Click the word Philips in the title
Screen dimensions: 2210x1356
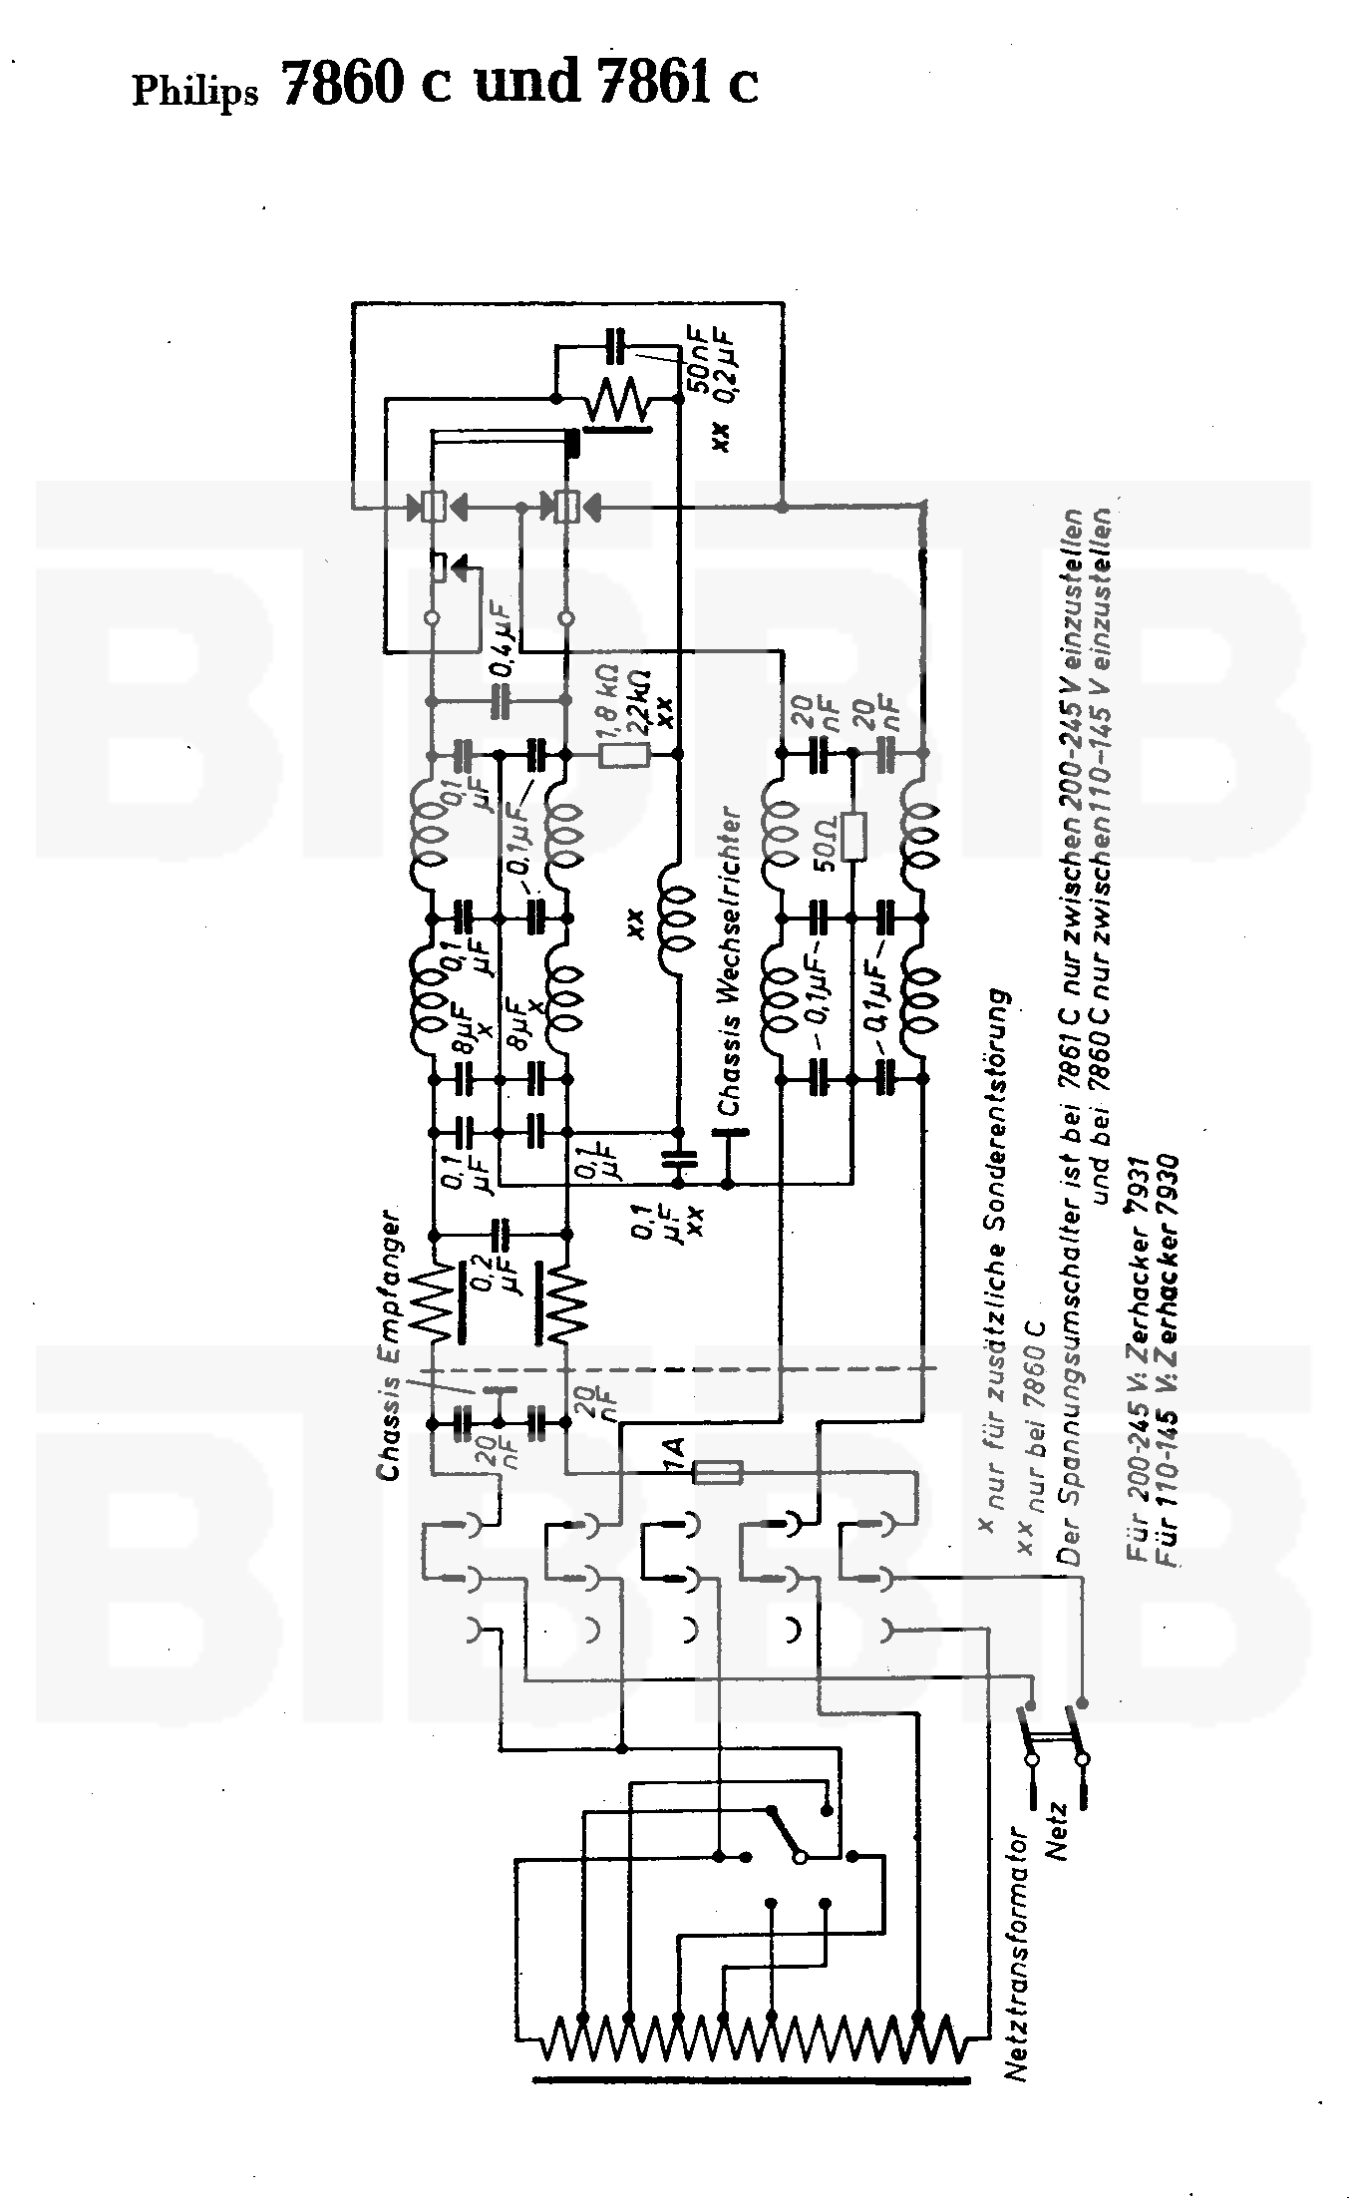tap(195, 92)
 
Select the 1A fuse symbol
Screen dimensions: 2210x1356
tap(717, 1471)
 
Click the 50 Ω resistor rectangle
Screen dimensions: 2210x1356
tap(853, 836)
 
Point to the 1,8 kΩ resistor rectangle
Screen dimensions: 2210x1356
tap(625, 757)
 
